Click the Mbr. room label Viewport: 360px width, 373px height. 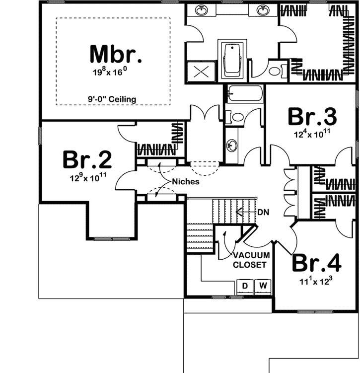pos(116,54)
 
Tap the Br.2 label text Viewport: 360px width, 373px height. pos(87,160)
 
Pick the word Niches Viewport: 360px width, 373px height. pos(187,182)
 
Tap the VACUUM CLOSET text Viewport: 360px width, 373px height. pos(251,260)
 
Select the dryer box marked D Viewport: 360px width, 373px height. pos(244,286)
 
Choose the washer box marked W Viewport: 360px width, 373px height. pos(263,286)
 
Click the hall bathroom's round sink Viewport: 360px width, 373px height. pos(232,146)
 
